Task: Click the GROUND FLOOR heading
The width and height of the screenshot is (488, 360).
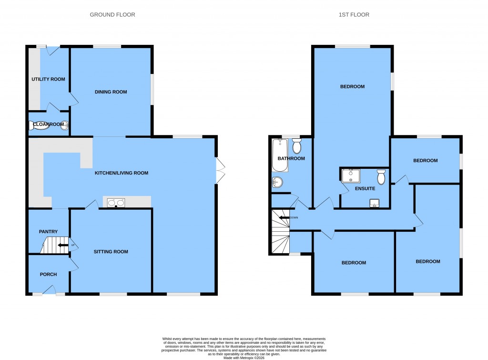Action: click(x=112, y=15)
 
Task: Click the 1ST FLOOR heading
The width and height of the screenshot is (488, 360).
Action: click(x=354, y=15)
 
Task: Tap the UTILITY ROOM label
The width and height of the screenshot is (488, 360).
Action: click(x=48, y=79)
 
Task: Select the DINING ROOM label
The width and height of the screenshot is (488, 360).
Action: click(x=111, y=92)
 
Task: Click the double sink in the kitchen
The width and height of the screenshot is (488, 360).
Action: click(x=116, y=203)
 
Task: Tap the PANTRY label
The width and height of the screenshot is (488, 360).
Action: click(x=48, y=232)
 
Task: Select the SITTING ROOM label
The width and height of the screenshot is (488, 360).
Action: click(x=111, y=252)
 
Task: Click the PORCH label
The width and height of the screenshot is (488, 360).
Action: click(x=49, y=274)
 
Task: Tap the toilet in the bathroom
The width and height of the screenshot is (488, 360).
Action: click(x=297, y=144)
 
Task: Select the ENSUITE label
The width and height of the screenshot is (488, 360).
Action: click(x=365, y=189)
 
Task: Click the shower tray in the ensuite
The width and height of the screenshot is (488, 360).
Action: click(x=351, y=176)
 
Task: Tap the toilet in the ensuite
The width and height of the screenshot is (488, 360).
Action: click(x=381, y=177)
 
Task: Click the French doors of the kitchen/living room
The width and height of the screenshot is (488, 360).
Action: click(x=219, y=170)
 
